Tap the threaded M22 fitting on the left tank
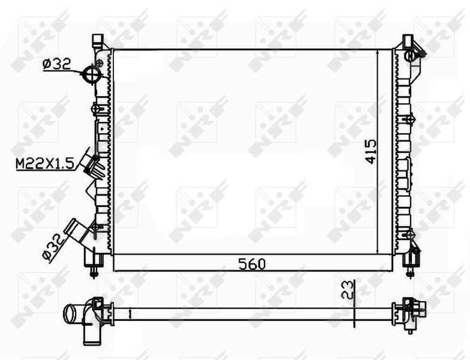click(x=95, y=164)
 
